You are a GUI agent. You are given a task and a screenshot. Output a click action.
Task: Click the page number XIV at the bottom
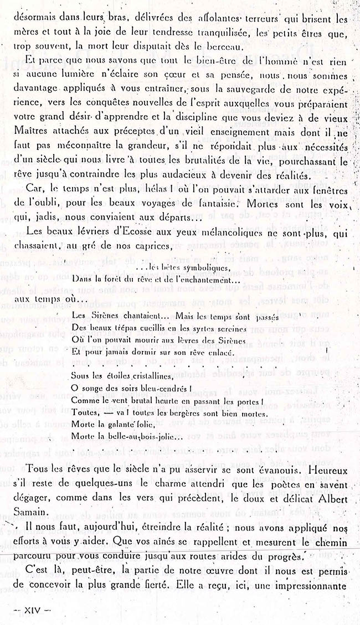[x=27, y=609]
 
